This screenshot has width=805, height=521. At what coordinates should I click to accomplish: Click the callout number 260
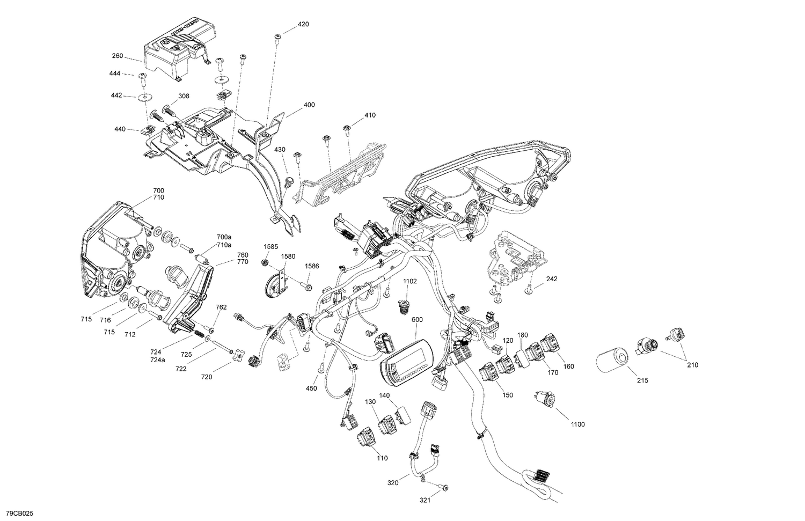click(x=117, y=56)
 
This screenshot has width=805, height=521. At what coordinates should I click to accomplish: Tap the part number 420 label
click(x=303, y=25)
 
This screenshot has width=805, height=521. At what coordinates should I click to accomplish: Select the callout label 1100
click(x=577, y=424)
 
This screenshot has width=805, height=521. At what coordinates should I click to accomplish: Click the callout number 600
click(x=417, y=320)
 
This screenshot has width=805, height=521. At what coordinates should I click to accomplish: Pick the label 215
click(x=642, y=380)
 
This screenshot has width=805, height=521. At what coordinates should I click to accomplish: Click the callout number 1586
click(x=312, y=266)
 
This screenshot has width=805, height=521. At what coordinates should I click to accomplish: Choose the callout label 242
click(x=552, y=279)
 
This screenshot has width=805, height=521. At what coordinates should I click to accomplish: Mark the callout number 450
click(x=311, y=388)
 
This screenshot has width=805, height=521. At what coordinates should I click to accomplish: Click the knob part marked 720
click(x=238, y=356)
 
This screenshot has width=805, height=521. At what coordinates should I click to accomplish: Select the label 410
click(x=370, y=115)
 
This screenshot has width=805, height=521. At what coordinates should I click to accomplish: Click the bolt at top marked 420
click(x=277, y=37)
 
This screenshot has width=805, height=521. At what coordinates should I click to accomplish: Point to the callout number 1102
click(x=410, y=281)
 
